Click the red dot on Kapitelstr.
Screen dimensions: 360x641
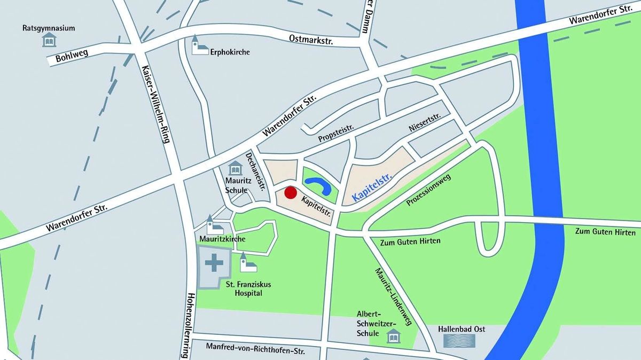point(290,193)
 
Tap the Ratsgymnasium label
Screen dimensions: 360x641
point(49,28)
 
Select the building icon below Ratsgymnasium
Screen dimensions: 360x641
point(49,40)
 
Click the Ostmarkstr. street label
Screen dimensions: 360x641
point(310,38)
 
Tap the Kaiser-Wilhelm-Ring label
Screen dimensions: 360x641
point(156,104)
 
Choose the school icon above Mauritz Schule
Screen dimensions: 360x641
point(236,169)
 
